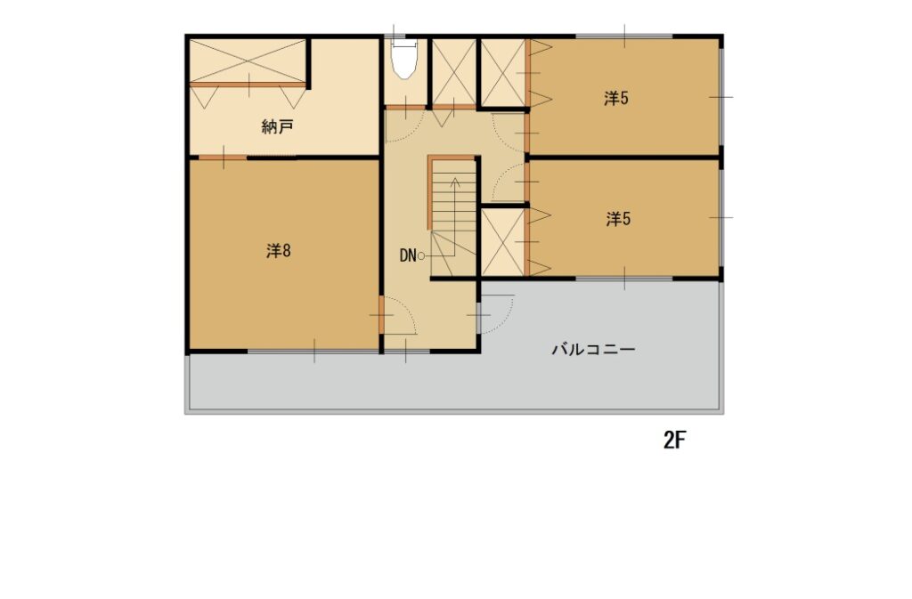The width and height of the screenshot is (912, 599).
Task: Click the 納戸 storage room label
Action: tap(277, 126)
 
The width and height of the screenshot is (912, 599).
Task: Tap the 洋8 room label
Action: tap(279, 251)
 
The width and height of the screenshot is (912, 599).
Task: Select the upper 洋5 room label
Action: tap(616, 98)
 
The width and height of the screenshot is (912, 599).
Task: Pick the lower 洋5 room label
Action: tap(618, 219)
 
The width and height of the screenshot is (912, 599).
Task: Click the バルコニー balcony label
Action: tap(593, 350)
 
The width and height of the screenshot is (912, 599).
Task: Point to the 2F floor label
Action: tap(675, 440)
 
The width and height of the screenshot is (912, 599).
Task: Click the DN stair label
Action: tap(408, 255)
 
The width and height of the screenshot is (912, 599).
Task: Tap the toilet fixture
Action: tap(403, 58)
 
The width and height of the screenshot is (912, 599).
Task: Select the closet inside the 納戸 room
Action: tap(248, 61)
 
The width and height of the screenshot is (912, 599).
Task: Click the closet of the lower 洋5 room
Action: tap(503, 242)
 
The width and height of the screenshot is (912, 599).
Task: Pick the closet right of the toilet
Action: tap(453, 72)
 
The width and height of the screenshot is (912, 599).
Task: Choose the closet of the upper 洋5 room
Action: tap(504, 73)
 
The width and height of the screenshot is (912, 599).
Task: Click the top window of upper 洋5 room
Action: tap(624, 37)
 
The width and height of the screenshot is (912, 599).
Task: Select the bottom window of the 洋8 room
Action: tap(313, 351)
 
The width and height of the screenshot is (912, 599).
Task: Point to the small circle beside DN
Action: tap(421, 256)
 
